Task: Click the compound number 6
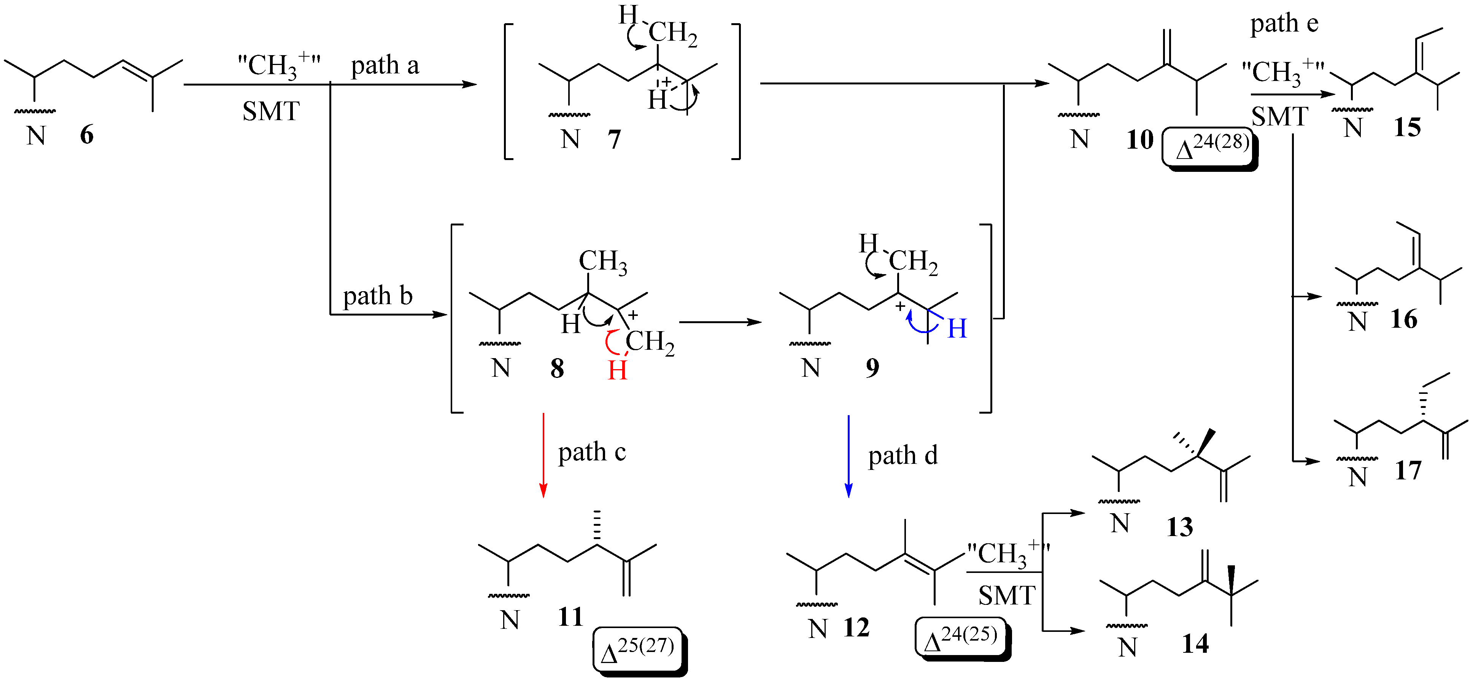[87, 135]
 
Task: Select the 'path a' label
[385, 66]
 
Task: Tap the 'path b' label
[377, 296]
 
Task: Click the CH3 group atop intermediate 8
[603, 262]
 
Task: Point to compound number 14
[1195, 644]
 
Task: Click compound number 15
[1407, 127]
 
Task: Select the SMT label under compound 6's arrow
[270, 111]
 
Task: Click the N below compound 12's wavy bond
[818, 629]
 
